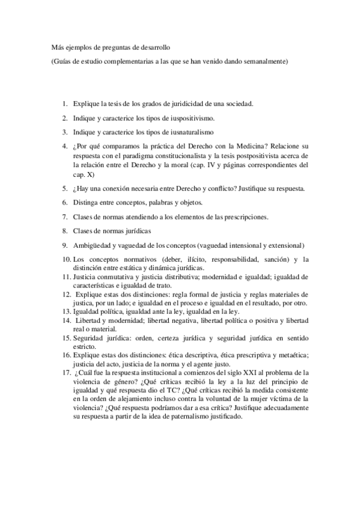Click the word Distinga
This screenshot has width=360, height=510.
coord(87,202)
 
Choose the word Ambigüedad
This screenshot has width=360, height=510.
coord(95,245)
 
